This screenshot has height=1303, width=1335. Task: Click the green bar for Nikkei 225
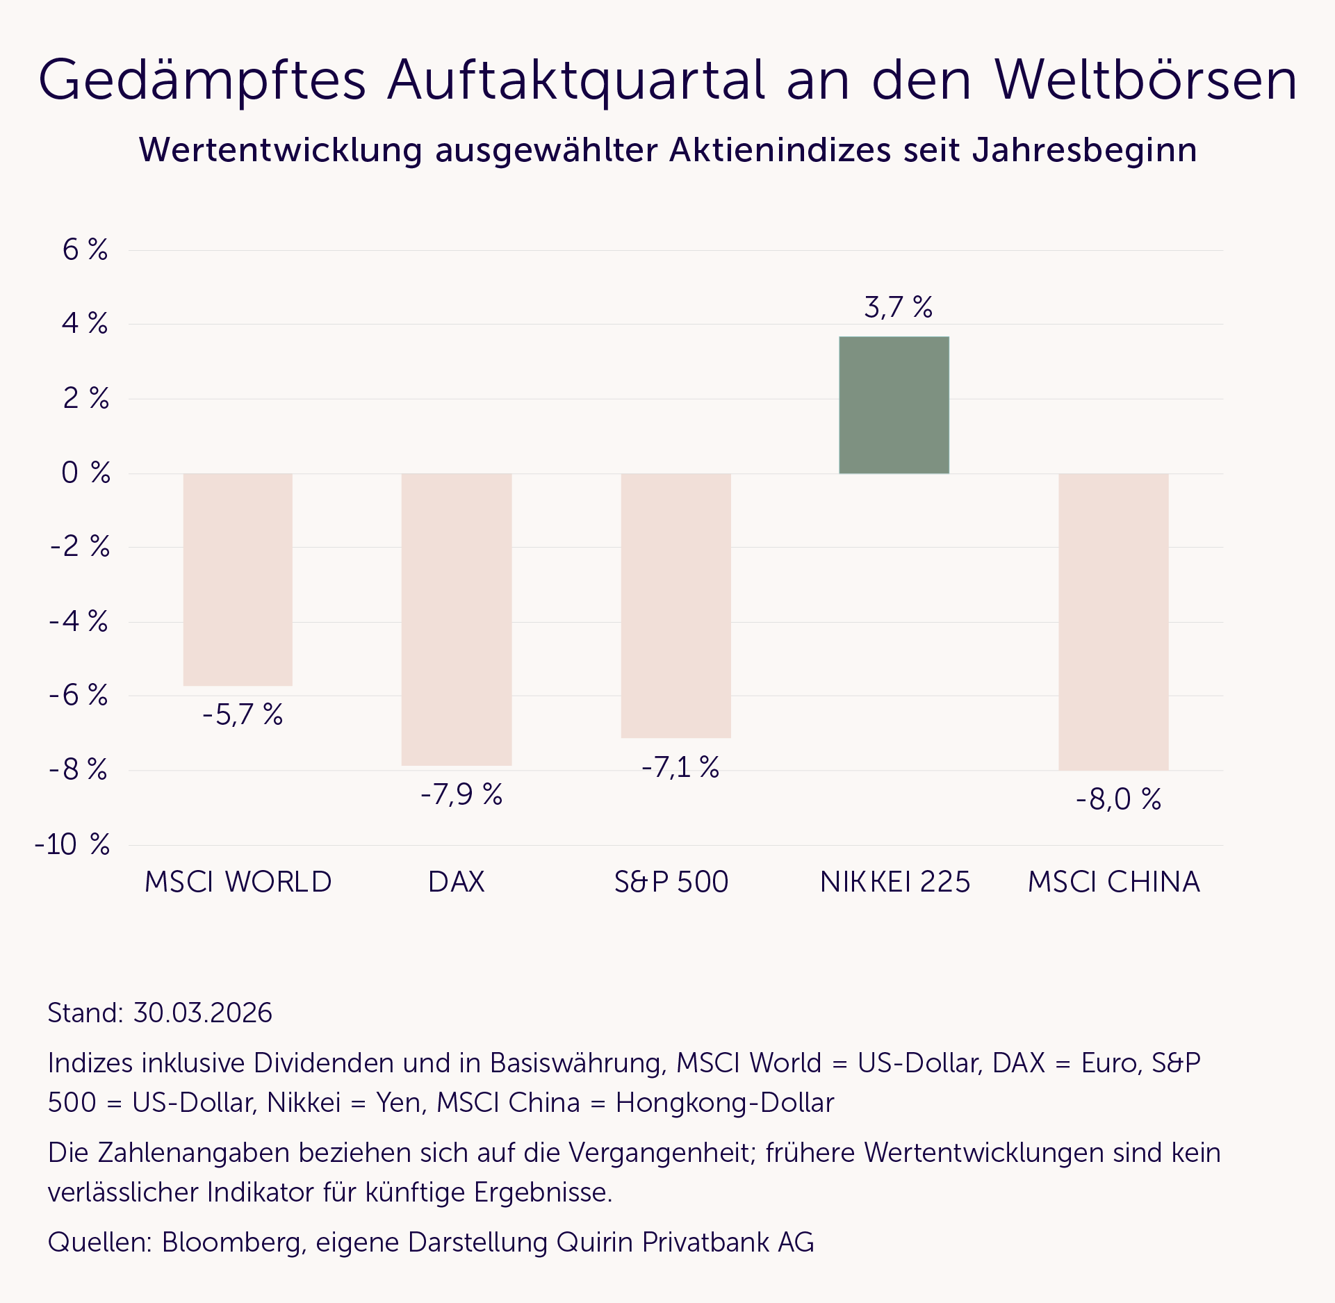tap(894, 405)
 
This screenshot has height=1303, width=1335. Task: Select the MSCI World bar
tap(238, 580)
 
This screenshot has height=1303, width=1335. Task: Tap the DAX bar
tap(457, 619)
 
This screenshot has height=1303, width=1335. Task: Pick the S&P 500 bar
tap(675, 605)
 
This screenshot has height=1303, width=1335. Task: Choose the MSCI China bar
tap(1113, 622)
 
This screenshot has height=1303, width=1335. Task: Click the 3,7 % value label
tap(898, 307)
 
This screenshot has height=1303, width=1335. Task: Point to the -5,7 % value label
tap(243, 714)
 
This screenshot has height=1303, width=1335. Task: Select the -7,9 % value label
tap(461, 794)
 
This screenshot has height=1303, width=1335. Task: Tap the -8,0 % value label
tap(1118, 799)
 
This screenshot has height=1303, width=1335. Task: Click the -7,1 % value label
tap(680, 767)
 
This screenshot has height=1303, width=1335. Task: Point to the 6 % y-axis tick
tap(85, 249)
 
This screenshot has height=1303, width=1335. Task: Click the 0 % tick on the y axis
tap(85, 473)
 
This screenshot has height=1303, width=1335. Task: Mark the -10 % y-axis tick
tap(72, 844)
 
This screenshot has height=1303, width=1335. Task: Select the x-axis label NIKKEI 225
tap(894, 882)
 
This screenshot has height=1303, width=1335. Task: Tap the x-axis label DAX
tap(456, 882)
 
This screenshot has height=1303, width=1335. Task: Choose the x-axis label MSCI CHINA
tap(1113, 882)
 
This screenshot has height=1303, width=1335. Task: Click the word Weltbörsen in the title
tap(1145, 81)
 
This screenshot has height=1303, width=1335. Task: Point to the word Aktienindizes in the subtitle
tap(780, 150)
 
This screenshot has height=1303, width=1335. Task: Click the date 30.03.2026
tap(202, 1013)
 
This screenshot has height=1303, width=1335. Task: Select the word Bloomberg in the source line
tap(234, 1242)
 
